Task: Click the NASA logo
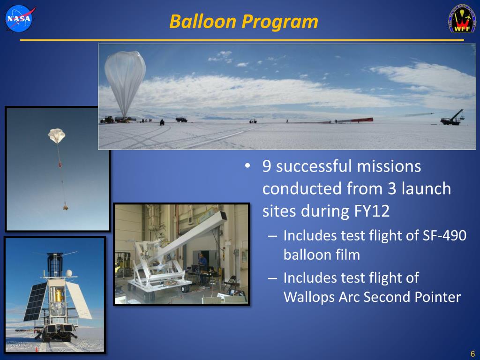(x=20, y=19)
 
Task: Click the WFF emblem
(x=462, y=18)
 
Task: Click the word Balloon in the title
(x=202, y=22)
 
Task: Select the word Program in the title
(x=280, y=22)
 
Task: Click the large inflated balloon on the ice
(x=125, y=83)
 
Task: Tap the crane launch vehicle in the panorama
(x=452, y=118)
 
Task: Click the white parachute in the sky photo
(x=57, y=135)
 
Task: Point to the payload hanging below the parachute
(x=65, y=207)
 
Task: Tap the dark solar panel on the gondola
(x=36, y=301)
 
